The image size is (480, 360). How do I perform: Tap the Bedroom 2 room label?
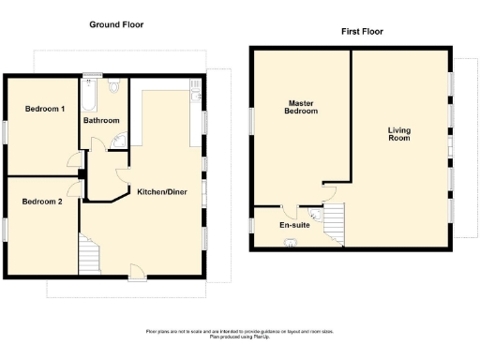(43, 201)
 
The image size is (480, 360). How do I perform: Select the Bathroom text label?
(101, 121)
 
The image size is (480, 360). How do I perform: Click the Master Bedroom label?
(302, 107)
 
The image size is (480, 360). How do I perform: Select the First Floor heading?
(362, 31)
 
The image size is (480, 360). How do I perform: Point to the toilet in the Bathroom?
(114, 88)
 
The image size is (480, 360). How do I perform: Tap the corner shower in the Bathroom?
(122, 142)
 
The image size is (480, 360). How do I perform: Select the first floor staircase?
(334, 225)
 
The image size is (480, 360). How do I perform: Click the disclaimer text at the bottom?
(239, 334)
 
